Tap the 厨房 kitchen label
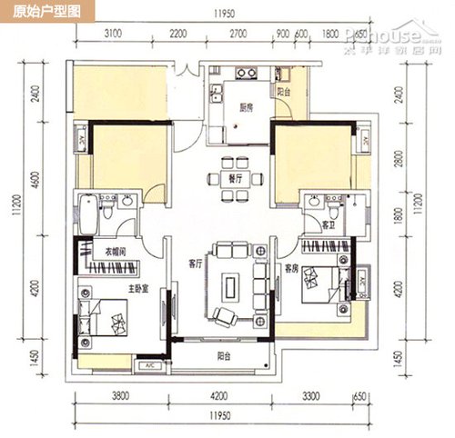246,107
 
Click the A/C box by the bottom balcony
147,366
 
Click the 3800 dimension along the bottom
117,396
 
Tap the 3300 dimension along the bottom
311,396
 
